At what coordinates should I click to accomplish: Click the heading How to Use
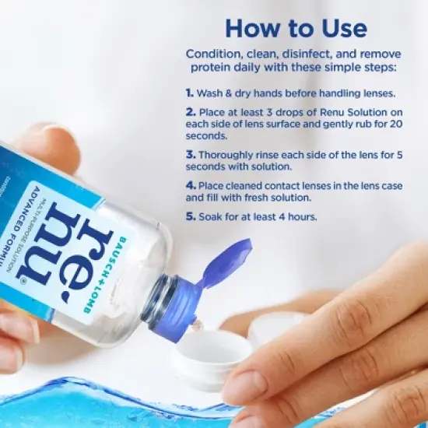[x=295, y=29]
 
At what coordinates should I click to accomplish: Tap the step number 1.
[x=189, y=93]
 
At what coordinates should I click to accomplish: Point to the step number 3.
[x=190, y=155]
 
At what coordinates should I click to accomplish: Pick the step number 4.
[x=190, y=185]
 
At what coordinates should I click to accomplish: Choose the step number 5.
[x=190, y=216]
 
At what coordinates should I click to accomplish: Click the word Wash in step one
[x=209, y=93]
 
